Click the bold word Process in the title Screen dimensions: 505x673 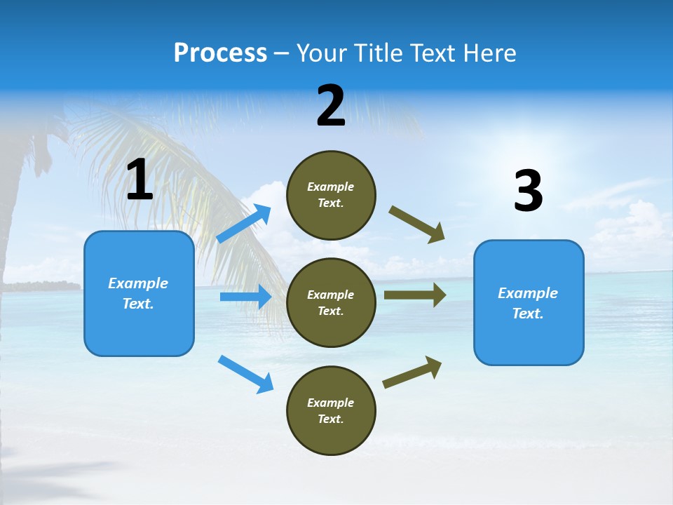(220, 53)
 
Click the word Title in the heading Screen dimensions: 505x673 (379, 53)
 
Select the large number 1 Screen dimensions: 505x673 (140, 180)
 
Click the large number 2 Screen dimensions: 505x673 (331, 106)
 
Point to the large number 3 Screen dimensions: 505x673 (528, 191)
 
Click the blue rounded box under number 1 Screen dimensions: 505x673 (139, 293)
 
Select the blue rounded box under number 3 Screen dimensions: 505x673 (529, 303)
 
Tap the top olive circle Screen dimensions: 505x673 (331, 195)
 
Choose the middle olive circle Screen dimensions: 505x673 (331, 303)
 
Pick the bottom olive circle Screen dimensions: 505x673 (331, 411)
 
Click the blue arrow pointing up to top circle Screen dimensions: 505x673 (244, 224)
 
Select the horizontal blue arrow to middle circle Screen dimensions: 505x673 (245, 297)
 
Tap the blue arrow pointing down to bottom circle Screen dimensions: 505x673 (245, 373)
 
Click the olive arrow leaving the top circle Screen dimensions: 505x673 (417, 224)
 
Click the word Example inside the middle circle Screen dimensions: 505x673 (331, 295)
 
